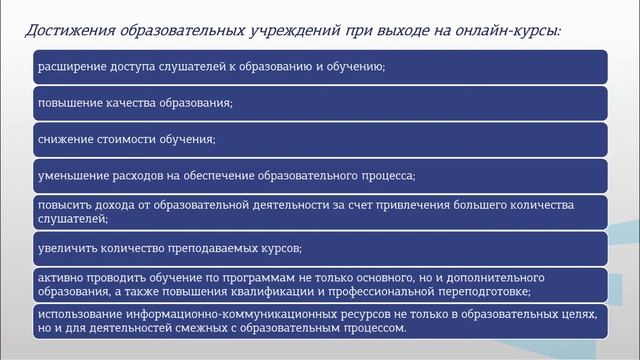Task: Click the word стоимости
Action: (x=133, y=138)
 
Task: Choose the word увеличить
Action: (x=68, y=246)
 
